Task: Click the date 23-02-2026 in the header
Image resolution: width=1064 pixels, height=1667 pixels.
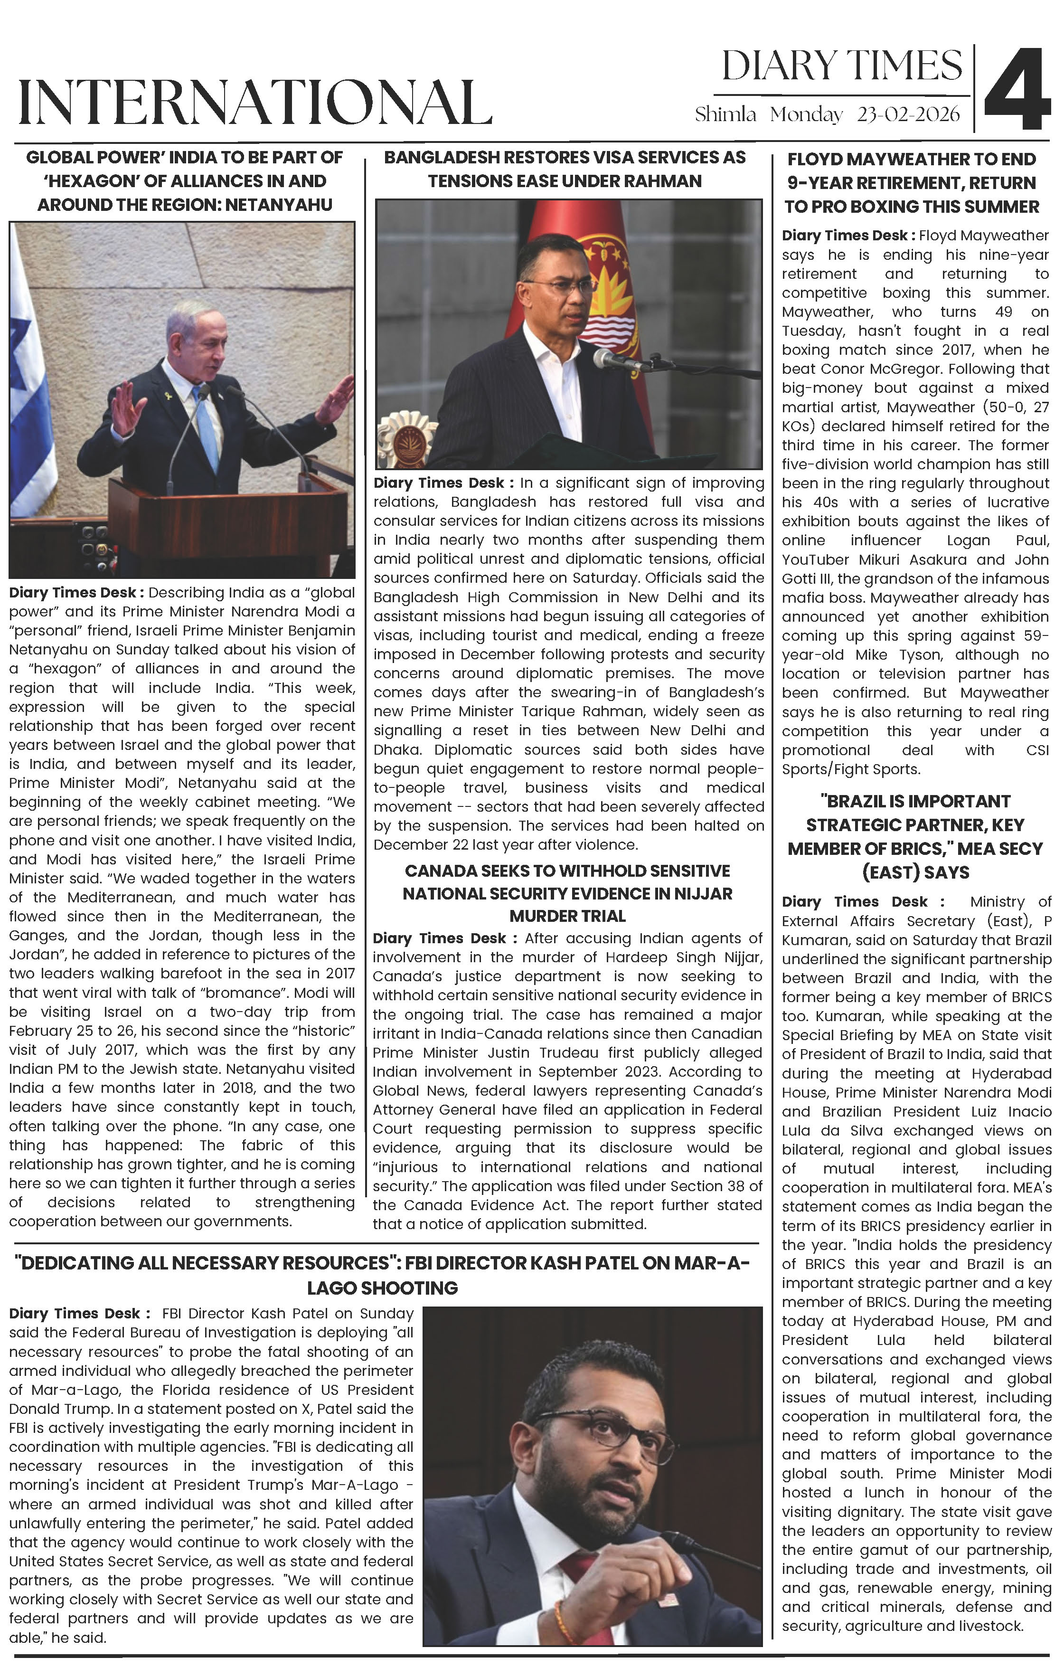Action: (908, 114)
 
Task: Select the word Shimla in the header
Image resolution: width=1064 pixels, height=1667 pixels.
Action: (725, 114)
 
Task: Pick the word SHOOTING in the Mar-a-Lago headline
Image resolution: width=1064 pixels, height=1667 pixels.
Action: (382, 1288)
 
